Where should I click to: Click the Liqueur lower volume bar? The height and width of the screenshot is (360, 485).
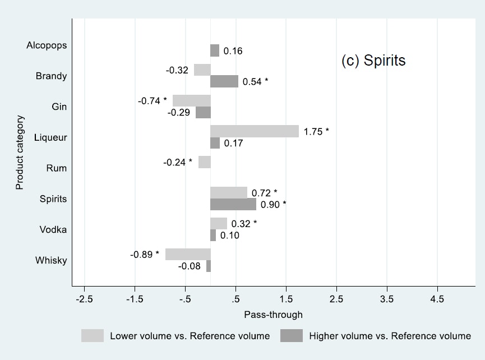255,131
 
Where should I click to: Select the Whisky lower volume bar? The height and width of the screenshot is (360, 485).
188,254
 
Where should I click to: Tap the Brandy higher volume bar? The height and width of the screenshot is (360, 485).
224,82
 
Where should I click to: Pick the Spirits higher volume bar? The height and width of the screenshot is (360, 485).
233,204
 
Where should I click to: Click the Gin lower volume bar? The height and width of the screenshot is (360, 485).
192,100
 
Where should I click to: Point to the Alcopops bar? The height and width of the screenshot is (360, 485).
215,50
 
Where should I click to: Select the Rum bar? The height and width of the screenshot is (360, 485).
205,162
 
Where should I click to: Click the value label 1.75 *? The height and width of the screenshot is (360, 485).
316,132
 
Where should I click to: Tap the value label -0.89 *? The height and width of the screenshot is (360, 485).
145,255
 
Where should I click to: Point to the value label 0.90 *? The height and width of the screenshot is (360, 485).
273,204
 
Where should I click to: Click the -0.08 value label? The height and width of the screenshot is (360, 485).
190,266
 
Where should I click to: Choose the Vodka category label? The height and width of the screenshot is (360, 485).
54,229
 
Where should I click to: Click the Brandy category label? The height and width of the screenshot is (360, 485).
52,76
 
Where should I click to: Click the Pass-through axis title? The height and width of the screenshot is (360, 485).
273,315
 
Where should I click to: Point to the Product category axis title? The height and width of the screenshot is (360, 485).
20,153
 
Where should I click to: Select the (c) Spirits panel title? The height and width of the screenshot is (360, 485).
373,61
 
